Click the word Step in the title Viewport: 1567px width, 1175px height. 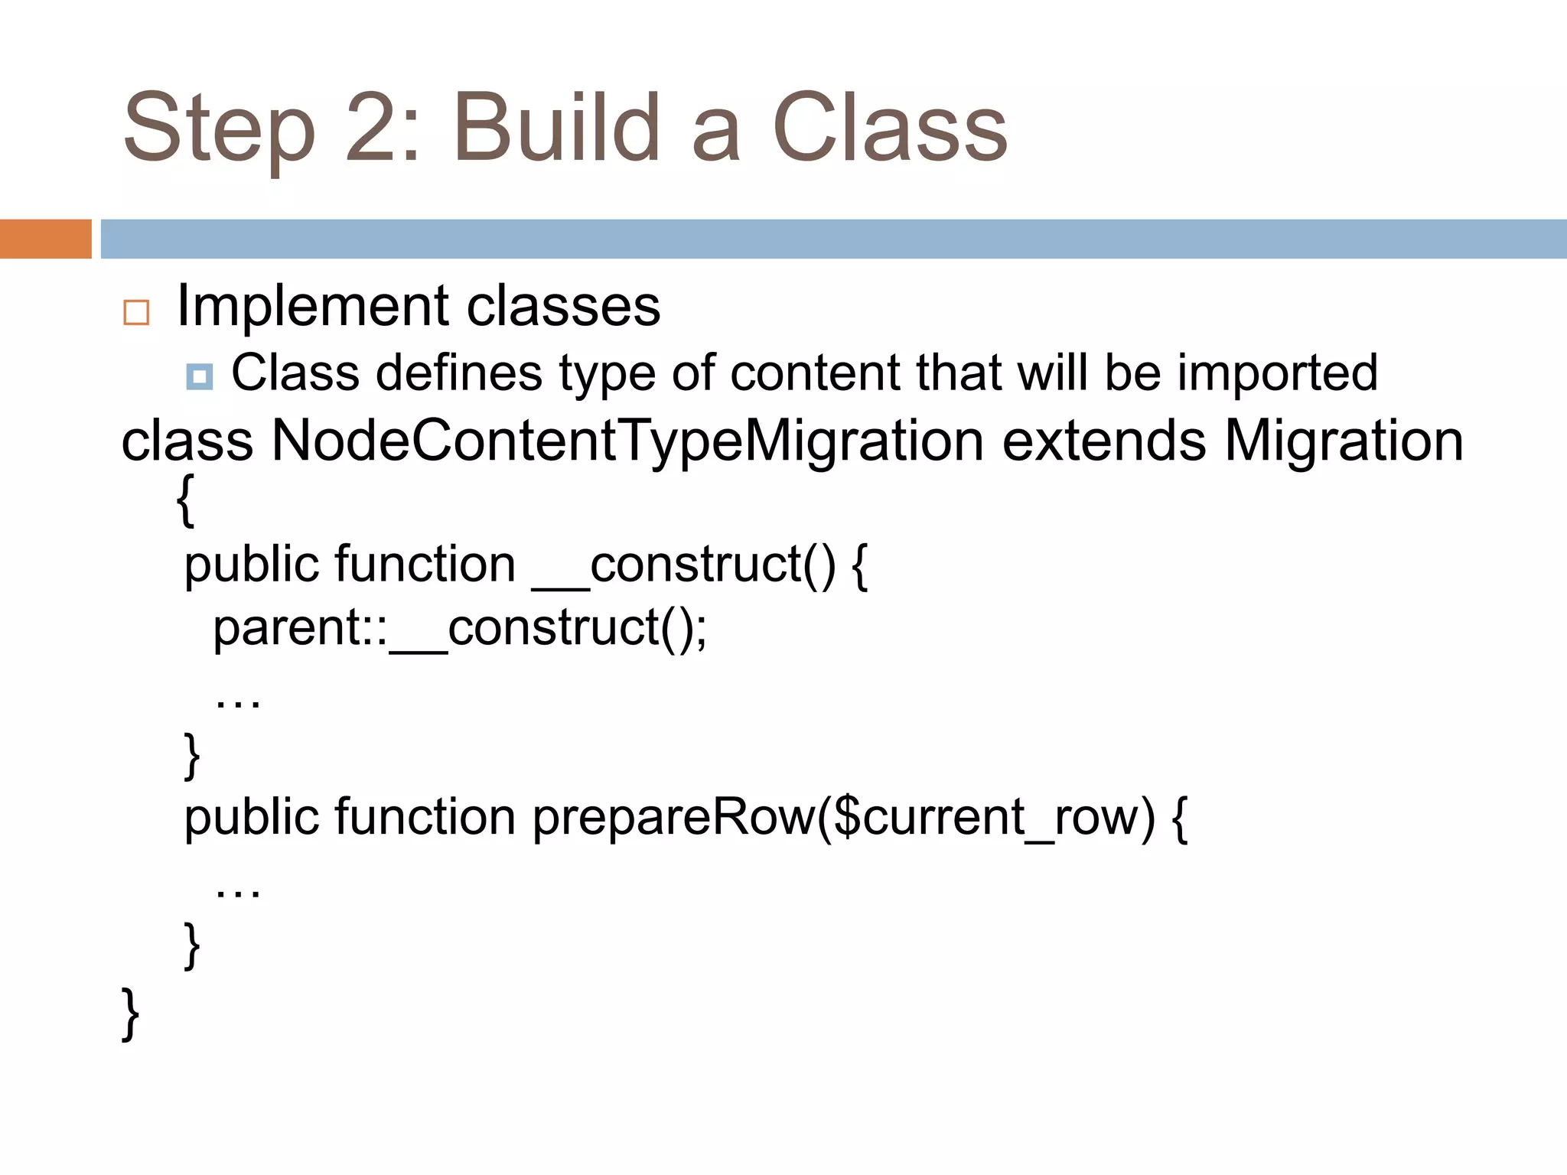pos(219,129)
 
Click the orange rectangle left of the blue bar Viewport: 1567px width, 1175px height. pos(45,239)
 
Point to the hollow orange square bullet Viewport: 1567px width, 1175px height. pos(136,312)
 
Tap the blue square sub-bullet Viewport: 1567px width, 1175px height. pos(200,376)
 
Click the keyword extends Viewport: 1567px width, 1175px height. pos(1103,441)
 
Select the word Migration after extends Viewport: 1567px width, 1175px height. pos(1344,441)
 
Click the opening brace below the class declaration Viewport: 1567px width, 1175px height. pos(185,500)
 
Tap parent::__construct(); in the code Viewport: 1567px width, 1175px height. pos(460,629)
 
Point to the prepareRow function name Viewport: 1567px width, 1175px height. pos(673,817)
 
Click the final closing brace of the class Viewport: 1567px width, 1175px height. pos(131,1014)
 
